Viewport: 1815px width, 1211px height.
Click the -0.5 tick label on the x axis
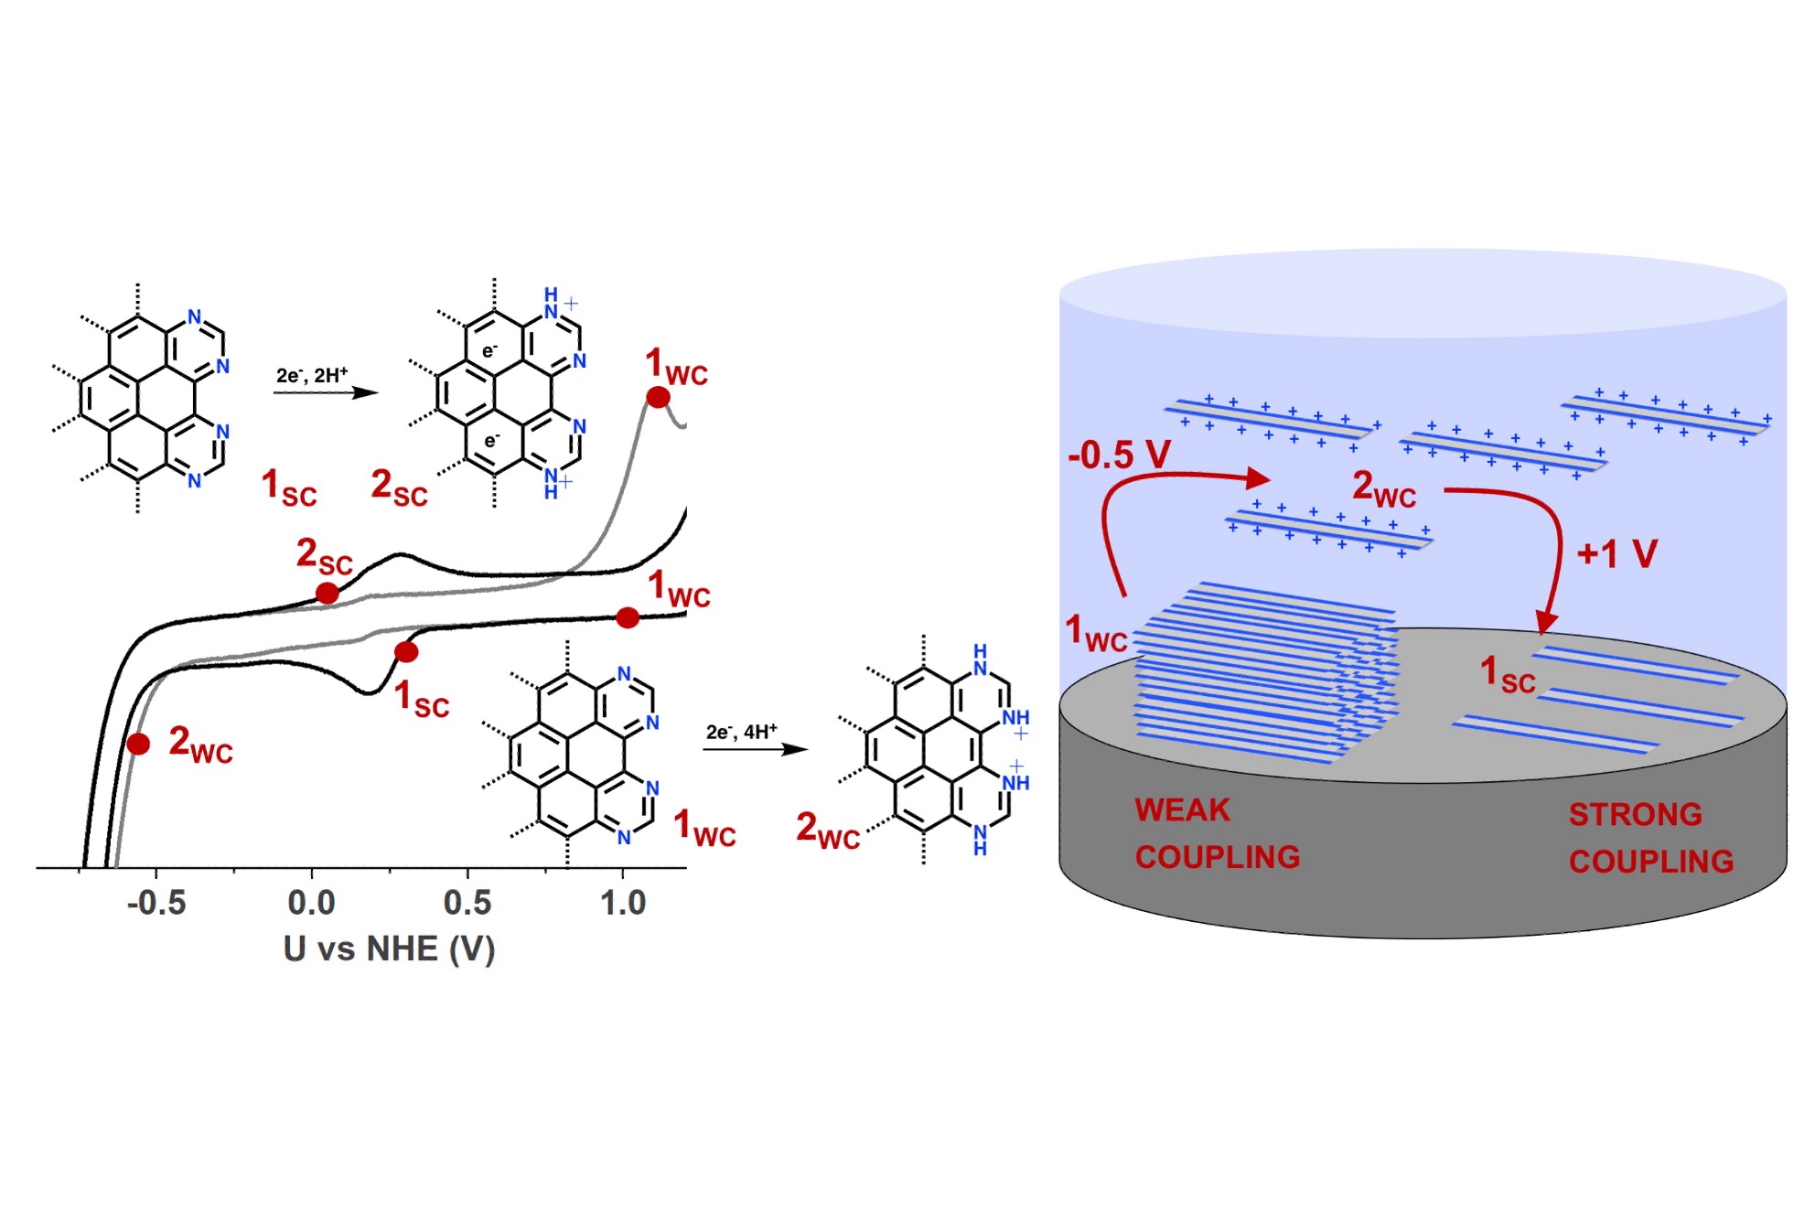[x=156, y=903]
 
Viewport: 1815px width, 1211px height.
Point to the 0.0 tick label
[x=311, y=903]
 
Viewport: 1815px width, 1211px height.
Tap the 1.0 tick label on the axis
[x=623, y=903]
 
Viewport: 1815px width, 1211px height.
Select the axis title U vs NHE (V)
[x=389, y=948]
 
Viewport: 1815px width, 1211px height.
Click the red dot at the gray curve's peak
[x=658, y=397]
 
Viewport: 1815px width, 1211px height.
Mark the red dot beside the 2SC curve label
[x=327, y=594]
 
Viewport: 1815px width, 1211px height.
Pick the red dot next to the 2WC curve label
[x=138, y=744]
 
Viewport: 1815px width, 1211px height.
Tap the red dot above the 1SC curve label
[x=406, y=652]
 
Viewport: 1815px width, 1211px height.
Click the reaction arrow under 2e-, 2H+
[x=326, y=392]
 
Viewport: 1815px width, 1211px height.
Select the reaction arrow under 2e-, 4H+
[x=755, y=749]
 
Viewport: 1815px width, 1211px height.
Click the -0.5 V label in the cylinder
[x=1119, y=455]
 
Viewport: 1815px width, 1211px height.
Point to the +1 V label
[x=1617, y=553]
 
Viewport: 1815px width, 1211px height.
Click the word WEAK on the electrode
[x=1182, y=810]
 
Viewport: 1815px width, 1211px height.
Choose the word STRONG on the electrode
[x=1635, y=814]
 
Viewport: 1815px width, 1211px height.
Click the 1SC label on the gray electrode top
[x=1508, y=675]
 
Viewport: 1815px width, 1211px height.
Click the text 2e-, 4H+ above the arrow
[x=741, y=732]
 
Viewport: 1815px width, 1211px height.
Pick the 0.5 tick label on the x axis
[x=467, y=903]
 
